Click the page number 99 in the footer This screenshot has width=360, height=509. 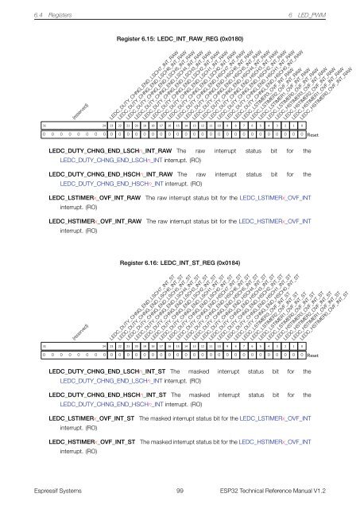tap(180, 492)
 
